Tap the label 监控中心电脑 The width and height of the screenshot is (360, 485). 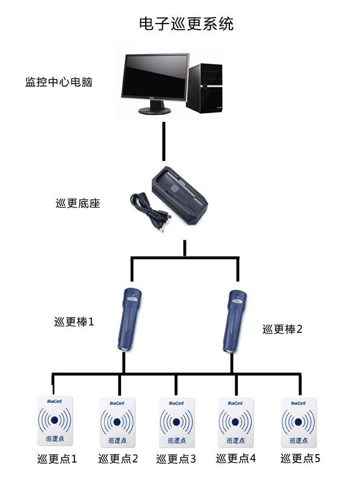[x=59, y=82]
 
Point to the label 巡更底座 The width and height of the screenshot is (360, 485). [x=77, y=203]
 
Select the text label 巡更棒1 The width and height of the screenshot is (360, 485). [x=74, y=322]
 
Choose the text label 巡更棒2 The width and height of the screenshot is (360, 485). [x=282, y=329]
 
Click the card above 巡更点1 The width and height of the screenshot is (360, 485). [x=55, y=421]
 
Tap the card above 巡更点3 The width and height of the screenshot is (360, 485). [x=177, y=421]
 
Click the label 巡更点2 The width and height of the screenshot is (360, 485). [x=119, y=459]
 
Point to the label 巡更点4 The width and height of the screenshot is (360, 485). [x=237, y=458]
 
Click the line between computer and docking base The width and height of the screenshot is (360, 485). [x=163, y=141]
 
